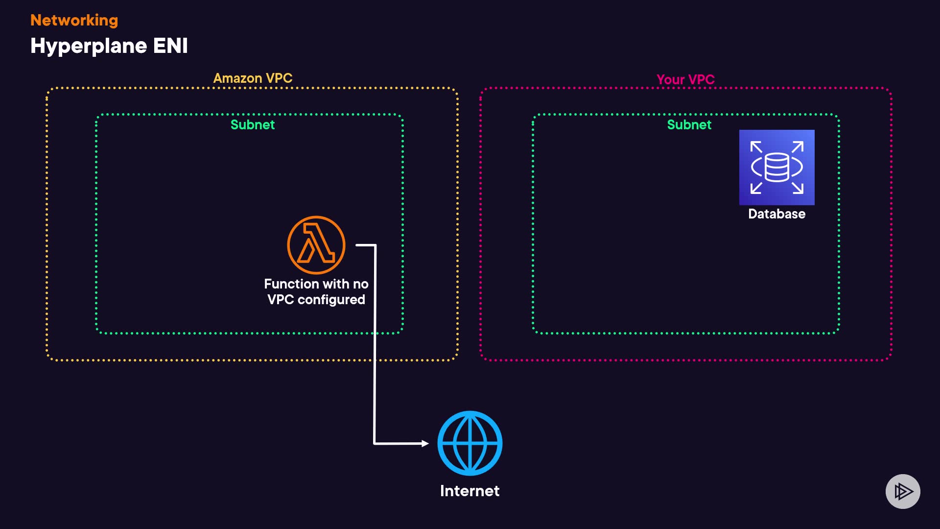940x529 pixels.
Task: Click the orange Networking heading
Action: point(74,20)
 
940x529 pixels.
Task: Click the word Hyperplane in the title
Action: point(89,46)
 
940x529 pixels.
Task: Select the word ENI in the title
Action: point(170,46)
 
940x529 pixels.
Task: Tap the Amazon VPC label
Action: point(253,78)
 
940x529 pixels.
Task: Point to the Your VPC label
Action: point(685,79)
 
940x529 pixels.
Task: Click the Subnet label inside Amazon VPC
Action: point(253,125)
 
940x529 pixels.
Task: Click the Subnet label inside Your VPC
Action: point(689,125)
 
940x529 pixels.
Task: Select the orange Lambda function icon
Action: point(316,245)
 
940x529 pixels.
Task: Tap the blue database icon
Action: point(776,168)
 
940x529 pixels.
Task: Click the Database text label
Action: point(776,214)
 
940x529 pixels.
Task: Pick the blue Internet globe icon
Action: point(470,443)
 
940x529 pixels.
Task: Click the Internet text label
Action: point(470,491)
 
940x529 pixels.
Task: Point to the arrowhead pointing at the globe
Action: point(425,443)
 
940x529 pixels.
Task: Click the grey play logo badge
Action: point(903,491)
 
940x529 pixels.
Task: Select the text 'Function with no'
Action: point(316,284)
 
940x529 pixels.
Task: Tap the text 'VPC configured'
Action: point(316,300)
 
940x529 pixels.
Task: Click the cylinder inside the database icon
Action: point(776,167)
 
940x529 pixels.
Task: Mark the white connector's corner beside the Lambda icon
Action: point(376,245)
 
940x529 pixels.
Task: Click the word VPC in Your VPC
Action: point(701,79)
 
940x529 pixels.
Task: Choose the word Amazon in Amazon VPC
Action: point(237,78)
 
